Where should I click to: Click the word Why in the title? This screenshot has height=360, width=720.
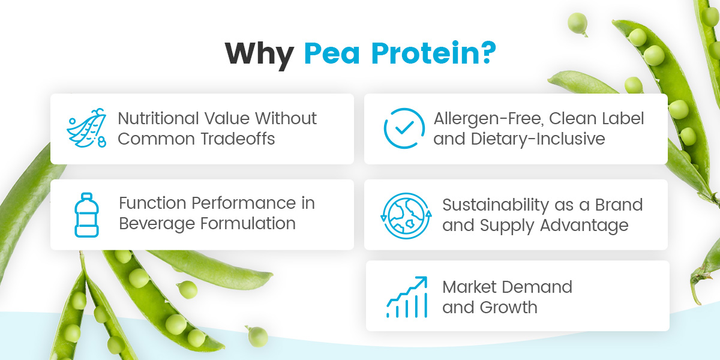tap(259, 53)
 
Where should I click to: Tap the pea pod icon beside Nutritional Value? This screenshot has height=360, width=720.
tap(86, 128)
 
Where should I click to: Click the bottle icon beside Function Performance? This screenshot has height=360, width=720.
tap(86, 214)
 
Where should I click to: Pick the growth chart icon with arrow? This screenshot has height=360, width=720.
tap(407, 296)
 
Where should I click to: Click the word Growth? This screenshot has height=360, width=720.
tap(508, 307)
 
